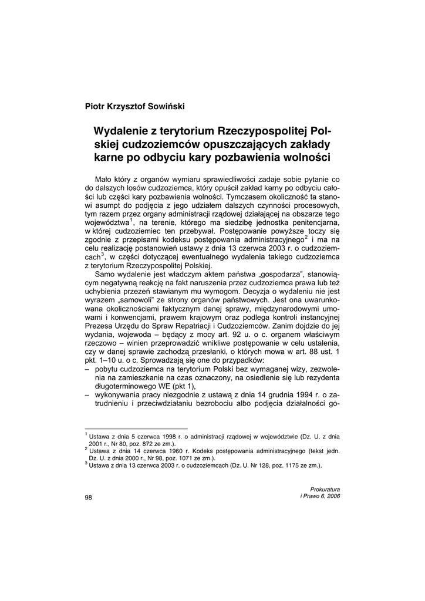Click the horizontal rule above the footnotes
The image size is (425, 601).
click(136, 429)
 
